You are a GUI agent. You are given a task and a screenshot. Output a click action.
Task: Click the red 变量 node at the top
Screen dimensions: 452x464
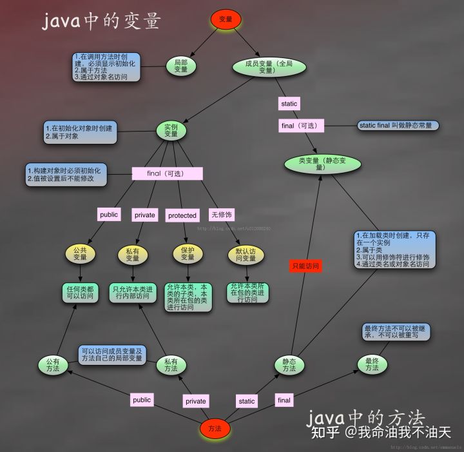coord(226,19)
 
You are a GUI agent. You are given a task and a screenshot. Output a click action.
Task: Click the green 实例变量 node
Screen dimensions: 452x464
coord(171,130)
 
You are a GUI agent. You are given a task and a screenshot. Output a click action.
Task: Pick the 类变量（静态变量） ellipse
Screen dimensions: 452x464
coord(320,163)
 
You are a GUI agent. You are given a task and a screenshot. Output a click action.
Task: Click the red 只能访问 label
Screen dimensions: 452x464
coord(305,266)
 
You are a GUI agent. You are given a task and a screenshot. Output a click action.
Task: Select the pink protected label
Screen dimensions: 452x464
coord(182,215)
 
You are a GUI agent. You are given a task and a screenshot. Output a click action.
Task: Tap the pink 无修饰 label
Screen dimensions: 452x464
coord(220,215)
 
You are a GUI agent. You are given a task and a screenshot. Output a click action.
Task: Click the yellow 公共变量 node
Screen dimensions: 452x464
coord(80,253)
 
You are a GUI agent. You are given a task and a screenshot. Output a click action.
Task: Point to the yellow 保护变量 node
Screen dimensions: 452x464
coord(187,253)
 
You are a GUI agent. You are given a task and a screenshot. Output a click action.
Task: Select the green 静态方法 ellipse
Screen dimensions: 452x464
coord(289,364)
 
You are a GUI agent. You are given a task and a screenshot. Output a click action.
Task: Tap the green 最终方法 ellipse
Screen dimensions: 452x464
coord(372,364)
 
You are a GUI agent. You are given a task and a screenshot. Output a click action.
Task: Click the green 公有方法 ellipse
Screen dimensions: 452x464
coord(52,365)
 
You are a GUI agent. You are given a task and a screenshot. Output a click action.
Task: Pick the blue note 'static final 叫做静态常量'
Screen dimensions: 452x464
coord(398,125)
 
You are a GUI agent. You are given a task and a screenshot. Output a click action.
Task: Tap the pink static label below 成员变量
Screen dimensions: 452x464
coord(289,103)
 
